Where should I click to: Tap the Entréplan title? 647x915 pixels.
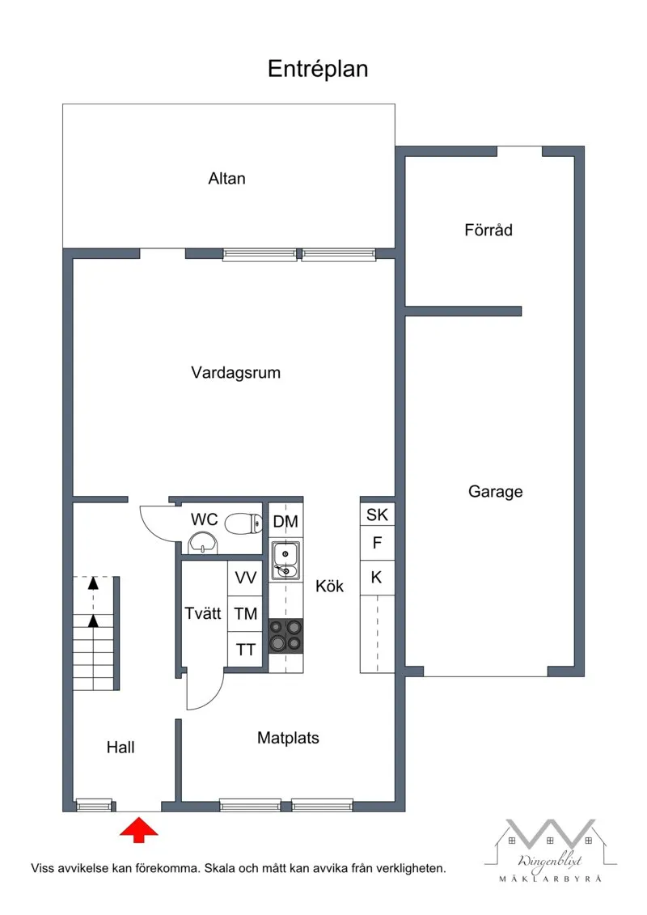coord(318,70)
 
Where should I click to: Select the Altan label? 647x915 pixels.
coord(226,179)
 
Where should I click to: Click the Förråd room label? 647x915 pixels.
coord(488,230)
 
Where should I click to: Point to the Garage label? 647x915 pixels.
coord(495,491)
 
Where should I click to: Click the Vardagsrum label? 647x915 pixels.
coord(235,373)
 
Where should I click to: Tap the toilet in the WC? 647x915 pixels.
coord(243,523)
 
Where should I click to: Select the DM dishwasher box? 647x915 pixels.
coord(285,522)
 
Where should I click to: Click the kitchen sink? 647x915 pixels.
coord(285,561)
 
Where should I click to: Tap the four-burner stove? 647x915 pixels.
coord(285,635)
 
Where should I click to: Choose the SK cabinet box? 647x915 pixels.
coord(377,515)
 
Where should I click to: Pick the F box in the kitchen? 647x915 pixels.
coord(377,544)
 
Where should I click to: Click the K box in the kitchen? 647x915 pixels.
coord(377,577)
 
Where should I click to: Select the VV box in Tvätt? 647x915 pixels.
coord(246,578)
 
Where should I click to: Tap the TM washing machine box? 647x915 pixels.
coord(246,614)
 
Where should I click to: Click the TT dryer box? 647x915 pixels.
coord(246,650)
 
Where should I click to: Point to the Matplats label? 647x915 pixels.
coord(288,738)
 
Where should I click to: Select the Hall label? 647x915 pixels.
coord(121,748)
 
